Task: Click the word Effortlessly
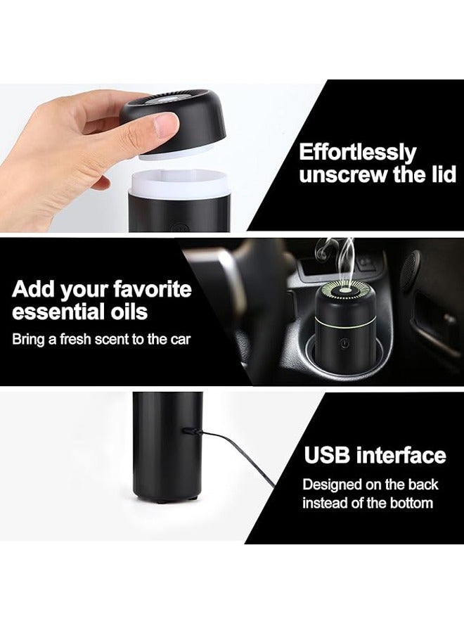(357, 153)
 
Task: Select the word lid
(443, 175)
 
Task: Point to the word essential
(56, 312)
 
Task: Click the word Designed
(333, 485)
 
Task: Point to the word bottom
(412, 503)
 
